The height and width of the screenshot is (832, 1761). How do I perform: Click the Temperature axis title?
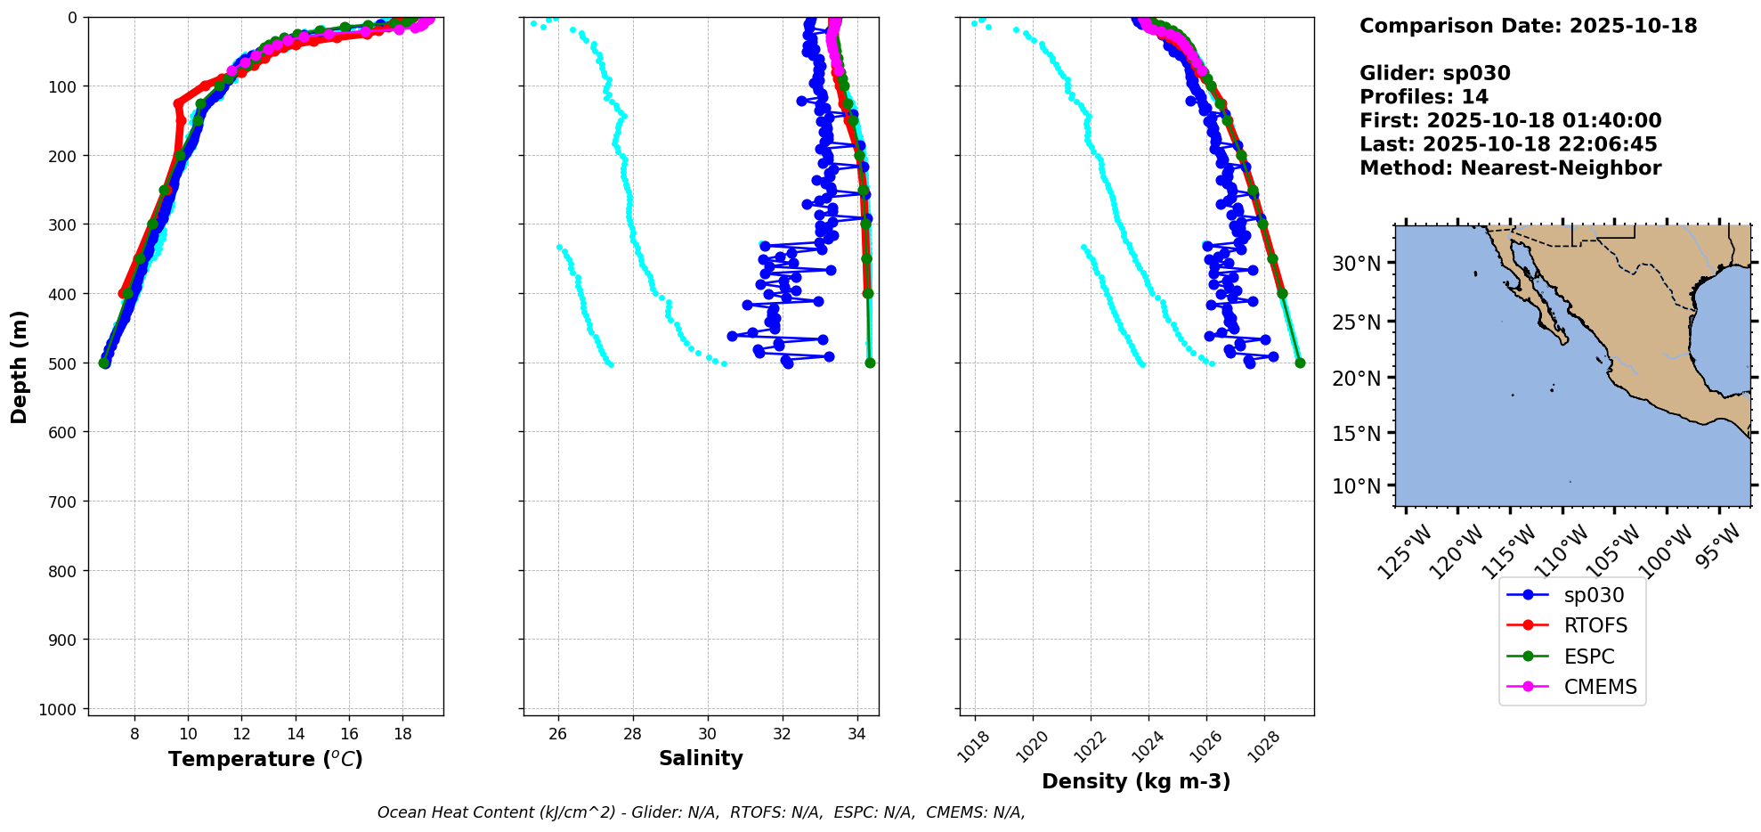click(x=265, y=759)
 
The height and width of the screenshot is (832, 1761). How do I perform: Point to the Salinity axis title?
click(x=701, y=758)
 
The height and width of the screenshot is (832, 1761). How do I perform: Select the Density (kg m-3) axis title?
click(x=1136, y=781)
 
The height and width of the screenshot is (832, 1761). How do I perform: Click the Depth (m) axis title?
click(x=20, y=366)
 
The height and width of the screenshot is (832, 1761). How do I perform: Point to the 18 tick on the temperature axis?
click(x=402, y=734)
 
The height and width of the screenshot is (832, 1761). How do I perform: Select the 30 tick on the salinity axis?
click(x=708, y=734)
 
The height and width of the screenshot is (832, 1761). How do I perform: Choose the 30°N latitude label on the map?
click(x=1356, y=264)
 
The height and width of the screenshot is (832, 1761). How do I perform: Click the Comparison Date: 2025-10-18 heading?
click(x=1528, y=26)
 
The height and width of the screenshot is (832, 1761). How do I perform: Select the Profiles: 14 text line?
click(x=1424, y=97)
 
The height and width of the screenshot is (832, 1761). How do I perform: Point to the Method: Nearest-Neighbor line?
click(x=1510, y=168)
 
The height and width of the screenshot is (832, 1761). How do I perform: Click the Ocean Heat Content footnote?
click(x=701, y=812)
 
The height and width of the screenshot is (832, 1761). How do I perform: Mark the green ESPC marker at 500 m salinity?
click(x=870, y=363)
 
